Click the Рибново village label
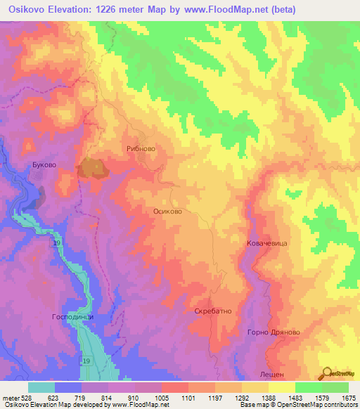point(141,149)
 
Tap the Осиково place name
point(167,211)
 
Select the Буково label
point(44,165)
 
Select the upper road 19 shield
point(57,243)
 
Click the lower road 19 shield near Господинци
point(86,361)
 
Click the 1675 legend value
point(348,398)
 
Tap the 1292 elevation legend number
point(243,398)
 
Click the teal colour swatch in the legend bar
point(41,387)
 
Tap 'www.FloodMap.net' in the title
point(221,10)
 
